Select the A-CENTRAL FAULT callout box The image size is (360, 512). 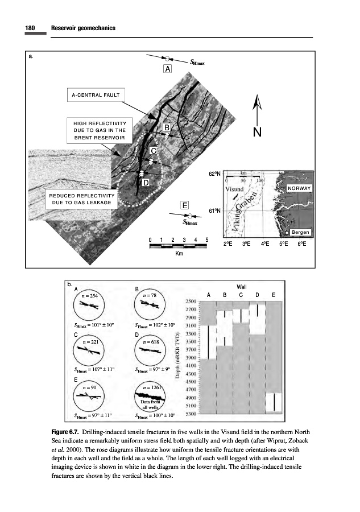coord(95,94)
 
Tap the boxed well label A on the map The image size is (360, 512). coord(167,69)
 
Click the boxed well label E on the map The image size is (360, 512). coord(185,205)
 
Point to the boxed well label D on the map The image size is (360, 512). coord(146,183)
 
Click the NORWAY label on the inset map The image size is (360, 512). coord(299,188)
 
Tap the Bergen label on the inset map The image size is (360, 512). coord(300,233)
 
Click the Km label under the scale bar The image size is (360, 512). coord(179,254)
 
